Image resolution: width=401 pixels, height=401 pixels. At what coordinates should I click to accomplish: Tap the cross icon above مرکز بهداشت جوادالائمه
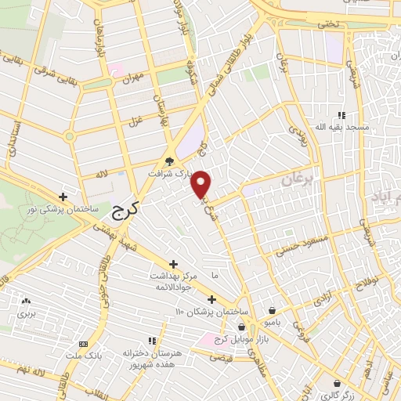point(174,264)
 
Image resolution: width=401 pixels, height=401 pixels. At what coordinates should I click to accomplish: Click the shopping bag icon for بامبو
point(272,310)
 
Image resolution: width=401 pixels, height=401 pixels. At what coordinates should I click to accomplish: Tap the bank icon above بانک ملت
point(83,344)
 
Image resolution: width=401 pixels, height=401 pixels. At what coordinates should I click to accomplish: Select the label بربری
point(28,312)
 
